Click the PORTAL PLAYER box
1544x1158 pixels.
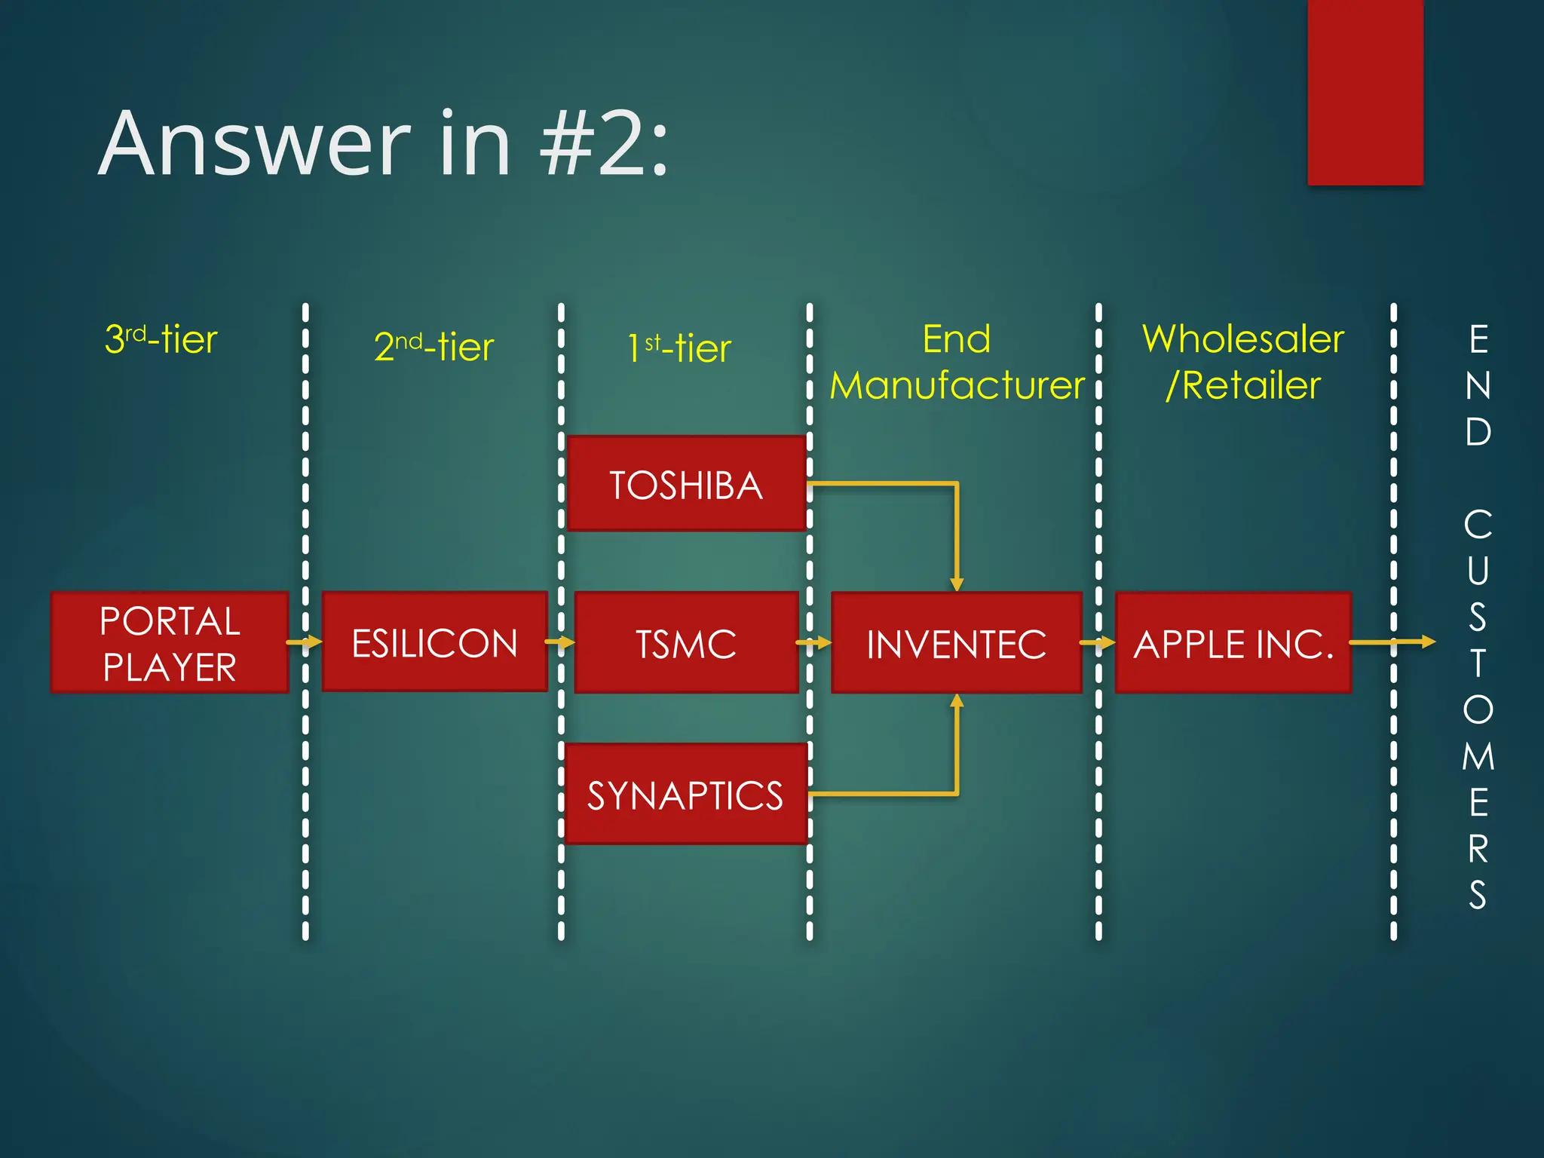170,642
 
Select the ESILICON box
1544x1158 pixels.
434,642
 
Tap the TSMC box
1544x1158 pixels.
686,642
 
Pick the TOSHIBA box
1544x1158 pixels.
686,484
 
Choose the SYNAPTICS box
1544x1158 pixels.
685,794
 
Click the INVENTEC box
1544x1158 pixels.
956,642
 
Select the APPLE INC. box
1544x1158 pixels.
1233,642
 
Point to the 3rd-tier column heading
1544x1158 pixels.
161,339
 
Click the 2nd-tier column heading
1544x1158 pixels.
434,347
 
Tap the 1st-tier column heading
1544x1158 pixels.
680,348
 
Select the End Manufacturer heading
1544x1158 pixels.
957,362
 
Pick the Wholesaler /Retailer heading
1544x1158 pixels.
1242,362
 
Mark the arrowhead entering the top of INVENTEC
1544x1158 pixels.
957,584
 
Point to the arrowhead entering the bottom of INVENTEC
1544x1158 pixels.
957,701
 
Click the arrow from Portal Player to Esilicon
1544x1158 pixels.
305,642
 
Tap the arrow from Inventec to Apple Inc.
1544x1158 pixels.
1098,642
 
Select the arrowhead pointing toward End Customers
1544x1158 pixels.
1428,642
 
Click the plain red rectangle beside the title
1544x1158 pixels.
1365,92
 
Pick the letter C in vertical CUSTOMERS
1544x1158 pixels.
1478,524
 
